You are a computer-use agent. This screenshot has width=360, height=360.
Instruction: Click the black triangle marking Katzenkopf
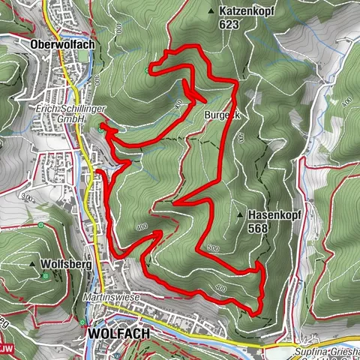[212, 11]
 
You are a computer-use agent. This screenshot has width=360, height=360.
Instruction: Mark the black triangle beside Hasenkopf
[240, 214]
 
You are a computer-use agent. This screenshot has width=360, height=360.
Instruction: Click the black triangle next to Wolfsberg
[33, 265]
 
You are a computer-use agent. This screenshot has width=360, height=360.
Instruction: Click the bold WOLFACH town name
[119, 332]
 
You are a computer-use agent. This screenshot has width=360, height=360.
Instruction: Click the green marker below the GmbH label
[100, 129]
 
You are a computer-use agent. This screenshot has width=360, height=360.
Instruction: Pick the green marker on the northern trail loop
[148, 72]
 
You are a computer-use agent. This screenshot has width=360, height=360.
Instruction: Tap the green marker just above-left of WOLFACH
[82, 322]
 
